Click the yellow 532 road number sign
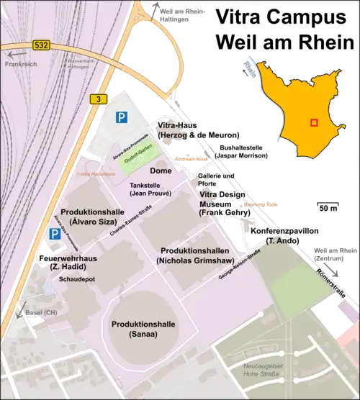[x=41, y=45]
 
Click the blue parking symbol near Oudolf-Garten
[x=122, y=116]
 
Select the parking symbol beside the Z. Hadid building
[x=55, y=234]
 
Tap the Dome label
[x=161, y=171]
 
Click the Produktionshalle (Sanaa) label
[x=144, y=329]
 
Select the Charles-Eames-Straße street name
[x=128, y=222]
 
